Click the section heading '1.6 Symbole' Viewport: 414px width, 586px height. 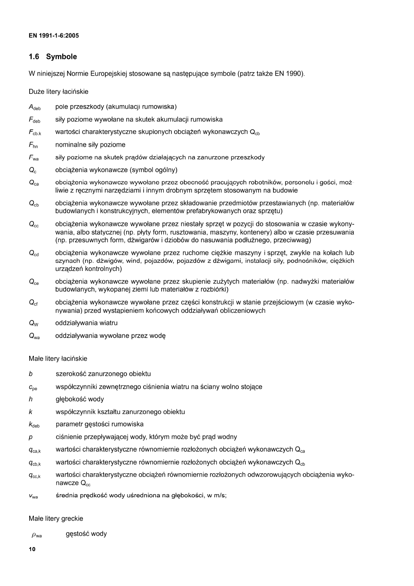[x=52, y=57]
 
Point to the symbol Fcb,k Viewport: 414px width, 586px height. [x=35, y=133]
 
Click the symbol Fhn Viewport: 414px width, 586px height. [x=33, y=145]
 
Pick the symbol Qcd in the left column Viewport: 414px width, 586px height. [x=34, y=253]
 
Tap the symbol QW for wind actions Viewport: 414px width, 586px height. [x=33, y=323]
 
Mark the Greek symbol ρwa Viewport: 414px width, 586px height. [x=37, y=534]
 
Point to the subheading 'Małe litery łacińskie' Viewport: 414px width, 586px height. [x=58, y=358]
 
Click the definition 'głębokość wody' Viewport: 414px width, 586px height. [x=79, y=399]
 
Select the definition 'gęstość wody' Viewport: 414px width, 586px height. [x=86, y=534]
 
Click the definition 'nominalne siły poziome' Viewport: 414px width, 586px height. [x=90, y=145]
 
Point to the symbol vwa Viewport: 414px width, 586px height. [x=33, y=496]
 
